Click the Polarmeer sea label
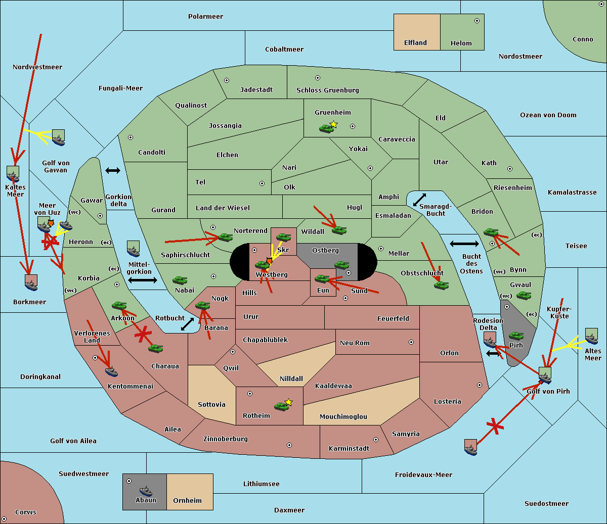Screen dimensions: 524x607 click(205, 17)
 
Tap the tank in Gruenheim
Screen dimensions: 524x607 click(326, 128)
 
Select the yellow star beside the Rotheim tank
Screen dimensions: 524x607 click(289, 402)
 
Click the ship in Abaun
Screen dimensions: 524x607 click(146, 491)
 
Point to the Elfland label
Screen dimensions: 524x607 click(415, 43)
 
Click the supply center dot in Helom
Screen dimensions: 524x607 click(476, 21)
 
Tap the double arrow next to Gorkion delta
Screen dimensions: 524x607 click(112, 171)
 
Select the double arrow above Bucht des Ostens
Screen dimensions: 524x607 click(464, 244)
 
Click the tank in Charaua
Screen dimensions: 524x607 click(155, 348)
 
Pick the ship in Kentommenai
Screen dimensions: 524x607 click(112, 372)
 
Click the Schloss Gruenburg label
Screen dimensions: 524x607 click(327, 90)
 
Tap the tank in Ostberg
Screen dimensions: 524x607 click(341, 265)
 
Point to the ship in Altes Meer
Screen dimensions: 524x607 click(591, 339)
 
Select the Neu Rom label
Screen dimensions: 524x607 click(355, 343)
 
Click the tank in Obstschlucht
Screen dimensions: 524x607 click(441, 285)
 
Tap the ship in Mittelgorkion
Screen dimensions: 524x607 click(133, 251)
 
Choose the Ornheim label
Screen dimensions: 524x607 click(187, 501)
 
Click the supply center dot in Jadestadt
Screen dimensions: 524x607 click(227, 80)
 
